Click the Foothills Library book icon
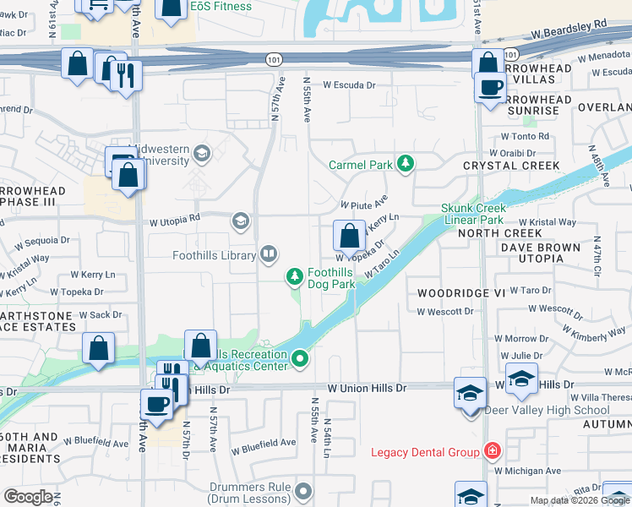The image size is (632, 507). (268, 253)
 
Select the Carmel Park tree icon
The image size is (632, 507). (406, 163)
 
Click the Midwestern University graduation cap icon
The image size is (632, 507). (201, 153)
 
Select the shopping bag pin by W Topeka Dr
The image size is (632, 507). (349, 236)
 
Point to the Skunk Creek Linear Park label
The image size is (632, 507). (473, 214)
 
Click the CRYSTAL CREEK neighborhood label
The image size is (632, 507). (511, 166)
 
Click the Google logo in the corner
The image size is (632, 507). (28, 497)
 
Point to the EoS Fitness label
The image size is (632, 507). (221, 7)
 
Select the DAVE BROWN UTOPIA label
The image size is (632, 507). (540, 253)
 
